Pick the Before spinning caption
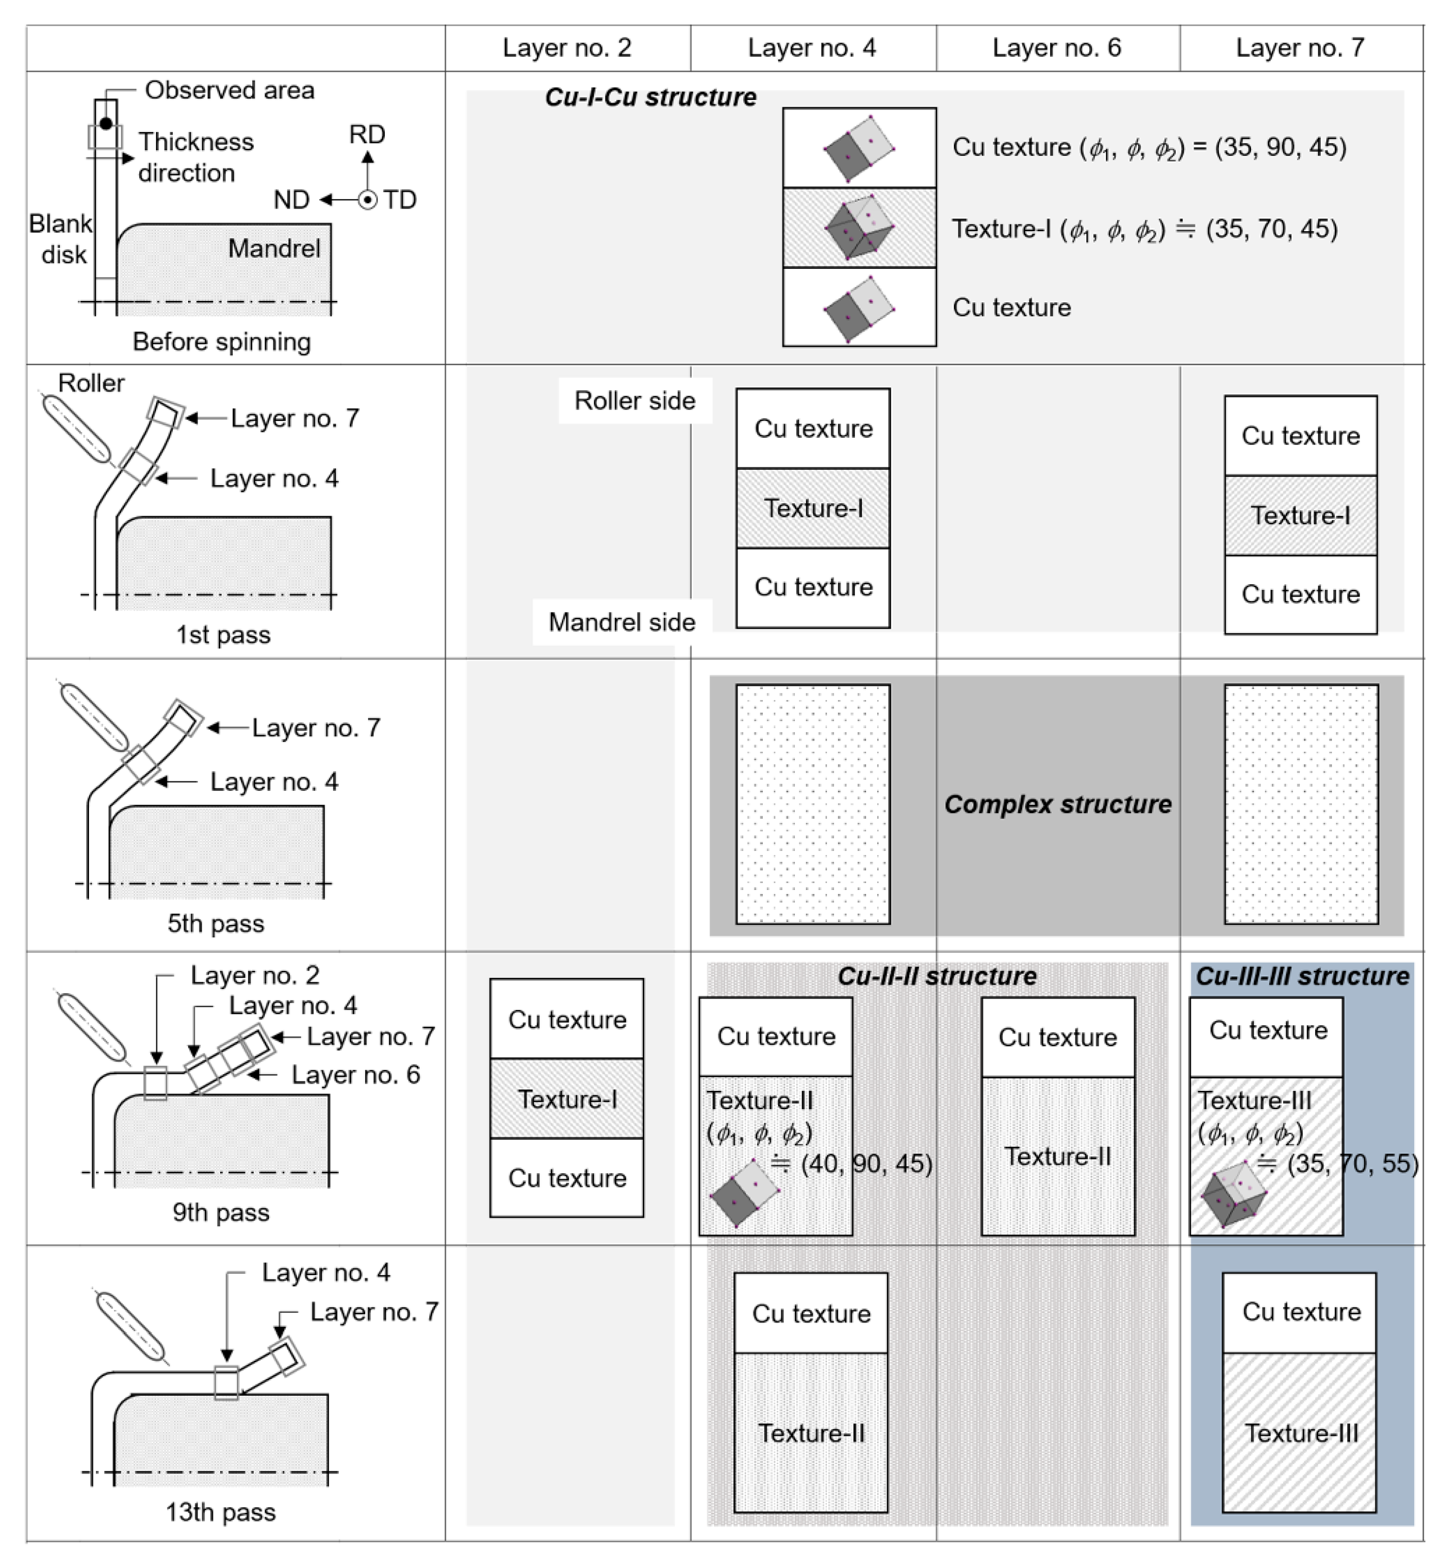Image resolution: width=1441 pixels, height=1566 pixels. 222,342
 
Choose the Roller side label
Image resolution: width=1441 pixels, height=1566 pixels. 635,400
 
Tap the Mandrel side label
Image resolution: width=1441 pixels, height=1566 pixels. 622,622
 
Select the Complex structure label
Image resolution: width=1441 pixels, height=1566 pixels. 1057,804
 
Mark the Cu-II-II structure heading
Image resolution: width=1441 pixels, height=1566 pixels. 937,976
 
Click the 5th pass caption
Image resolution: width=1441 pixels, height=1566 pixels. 216,924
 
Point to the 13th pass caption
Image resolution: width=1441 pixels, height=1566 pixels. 221,1512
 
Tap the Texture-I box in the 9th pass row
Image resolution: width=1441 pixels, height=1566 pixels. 567,1099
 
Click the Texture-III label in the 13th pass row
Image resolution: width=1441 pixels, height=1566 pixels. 1301,1433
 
